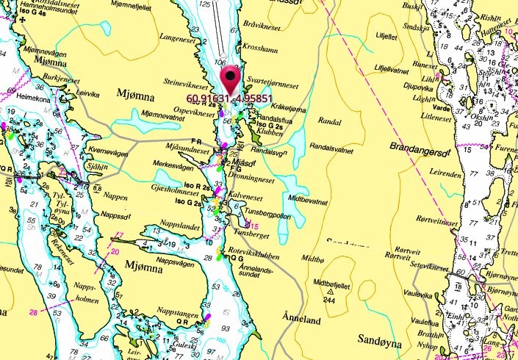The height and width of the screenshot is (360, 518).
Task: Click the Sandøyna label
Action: click(381, 340)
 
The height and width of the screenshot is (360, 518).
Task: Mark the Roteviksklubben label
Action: click(256, 248)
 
